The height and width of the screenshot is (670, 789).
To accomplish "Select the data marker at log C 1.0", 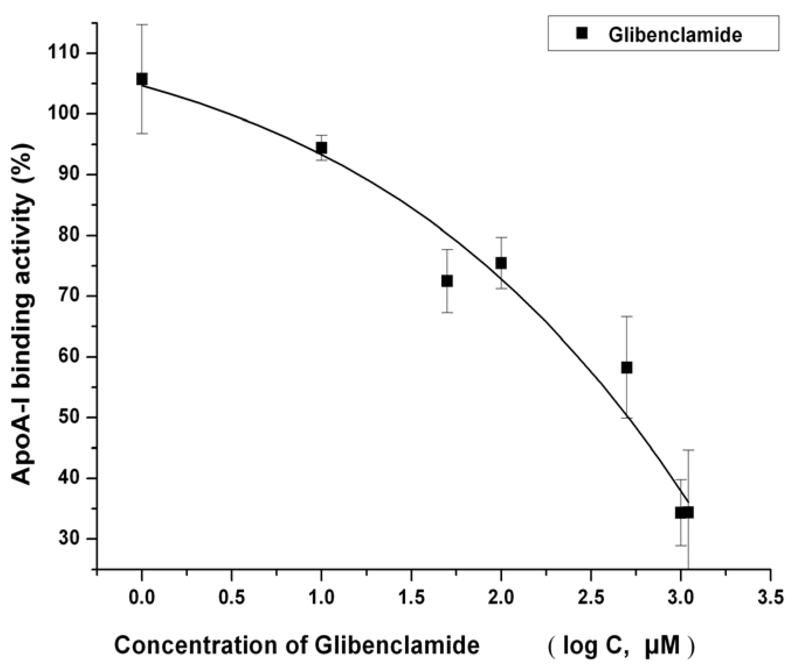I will tap(321, 148).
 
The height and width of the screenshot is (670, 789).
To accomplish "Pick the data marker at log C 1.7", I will tap(447, 281).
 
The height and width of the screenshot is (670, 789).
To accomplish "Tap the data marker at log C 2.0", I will tap(501, 263).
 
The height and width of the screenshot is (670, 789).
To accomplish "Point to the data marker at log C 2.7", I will tap(626, 367).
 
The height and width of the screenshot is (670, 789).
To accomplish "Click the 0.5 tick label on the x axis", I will tap(232, 597).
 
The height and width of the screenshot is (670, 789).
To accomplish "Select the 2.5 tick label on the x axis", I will tap(591, 597).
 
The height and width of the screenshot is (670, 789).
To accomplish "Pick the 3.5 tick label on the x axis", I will tap(770, 597).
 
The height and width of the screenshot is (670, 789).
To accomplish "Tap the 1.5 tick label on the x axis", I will tap(411, 597).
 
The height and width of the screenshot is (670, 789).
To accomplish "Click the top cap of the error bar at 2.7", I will tap(626, 316).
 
